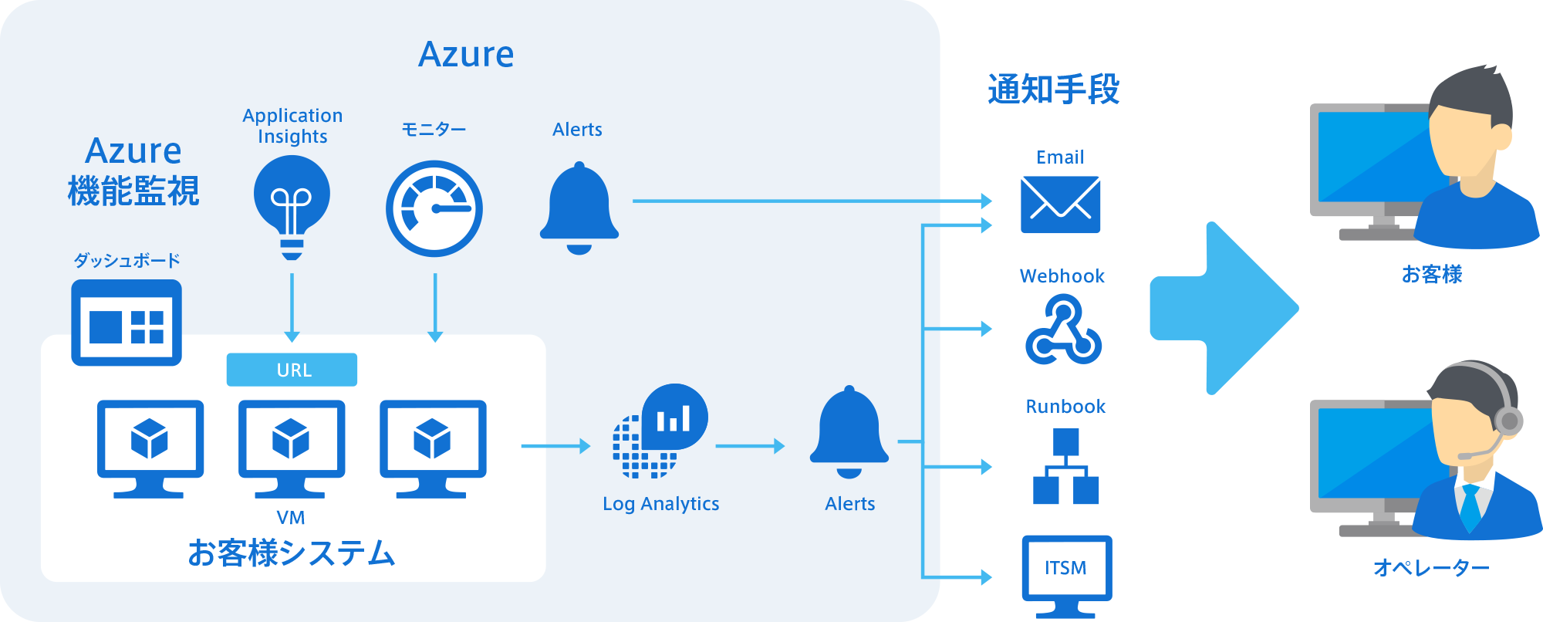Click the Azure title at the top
click(466, 55)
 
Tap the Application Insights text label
click(292, 126)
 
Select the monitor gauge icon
click(434, 208)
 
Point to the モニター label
click(434, 130)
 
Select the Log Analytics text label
click(660, 504)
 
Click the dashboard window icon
click(127, 322)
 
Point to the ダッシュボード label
click(127, 260)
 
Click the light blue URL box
click(292, 370)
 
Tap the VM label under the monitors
click(291, 518)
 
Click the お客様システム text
click(292, 553)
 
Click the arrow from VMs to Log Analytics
click(555, 446)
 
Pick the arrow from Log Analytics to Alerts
click(749, 446)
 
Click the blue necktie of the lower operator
click(1470, 506)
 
